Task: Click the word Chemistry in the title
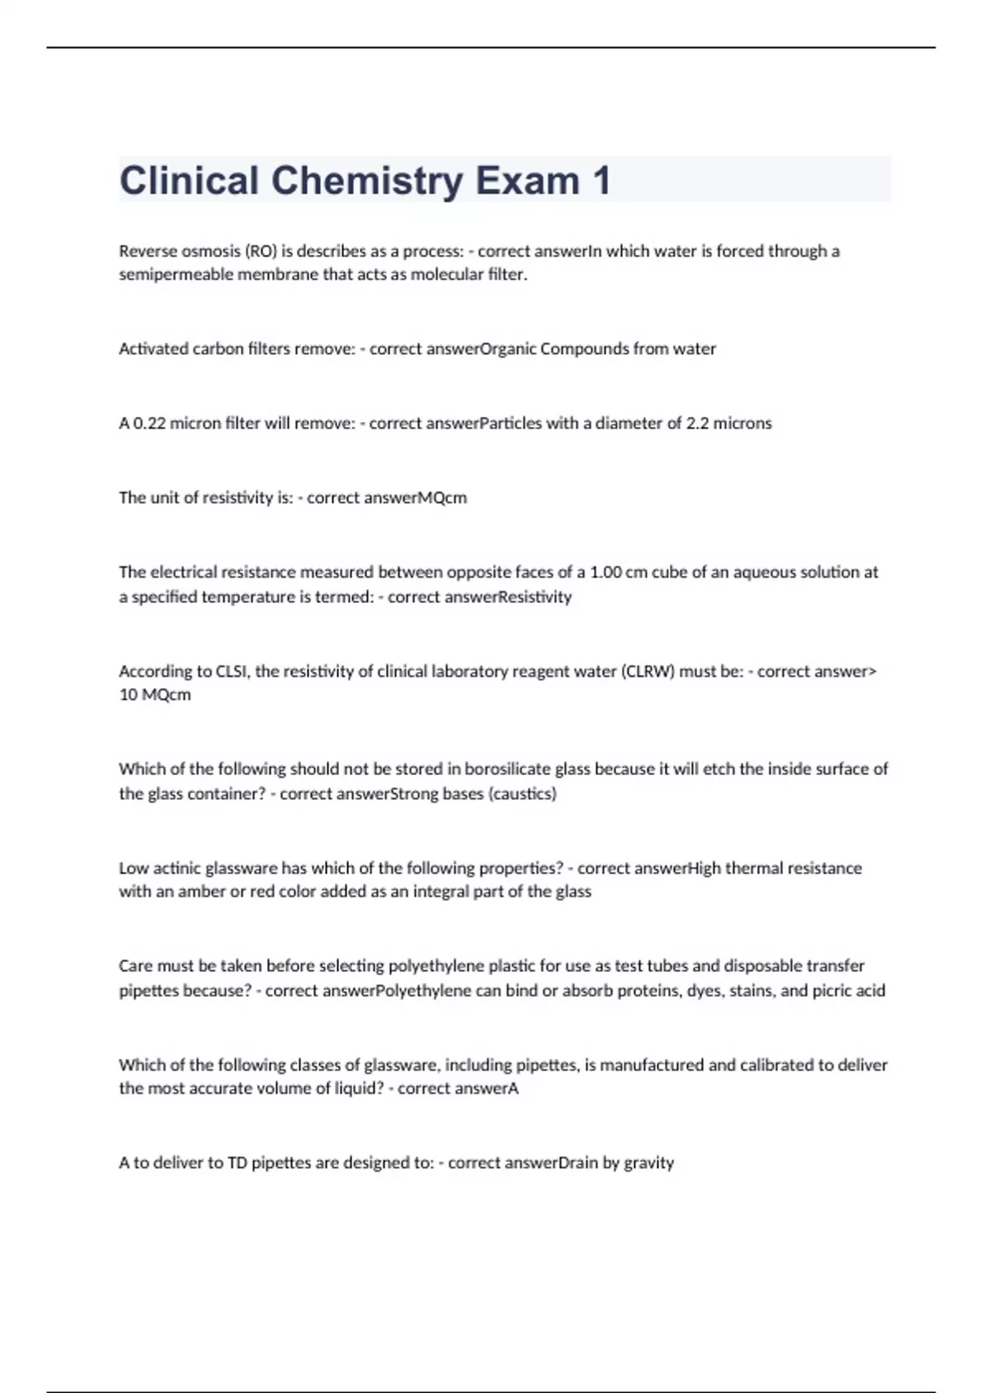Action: tap(366, 181)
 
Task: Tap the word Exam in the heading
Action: tap(527, 181)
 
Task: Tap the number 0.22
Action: tap(148, 424)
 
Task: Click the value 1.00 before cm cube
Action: tap(605, 572)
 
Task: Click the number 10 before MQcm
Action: tap(129, 695)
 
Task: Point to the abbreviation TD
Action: tap(237, 1163)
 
